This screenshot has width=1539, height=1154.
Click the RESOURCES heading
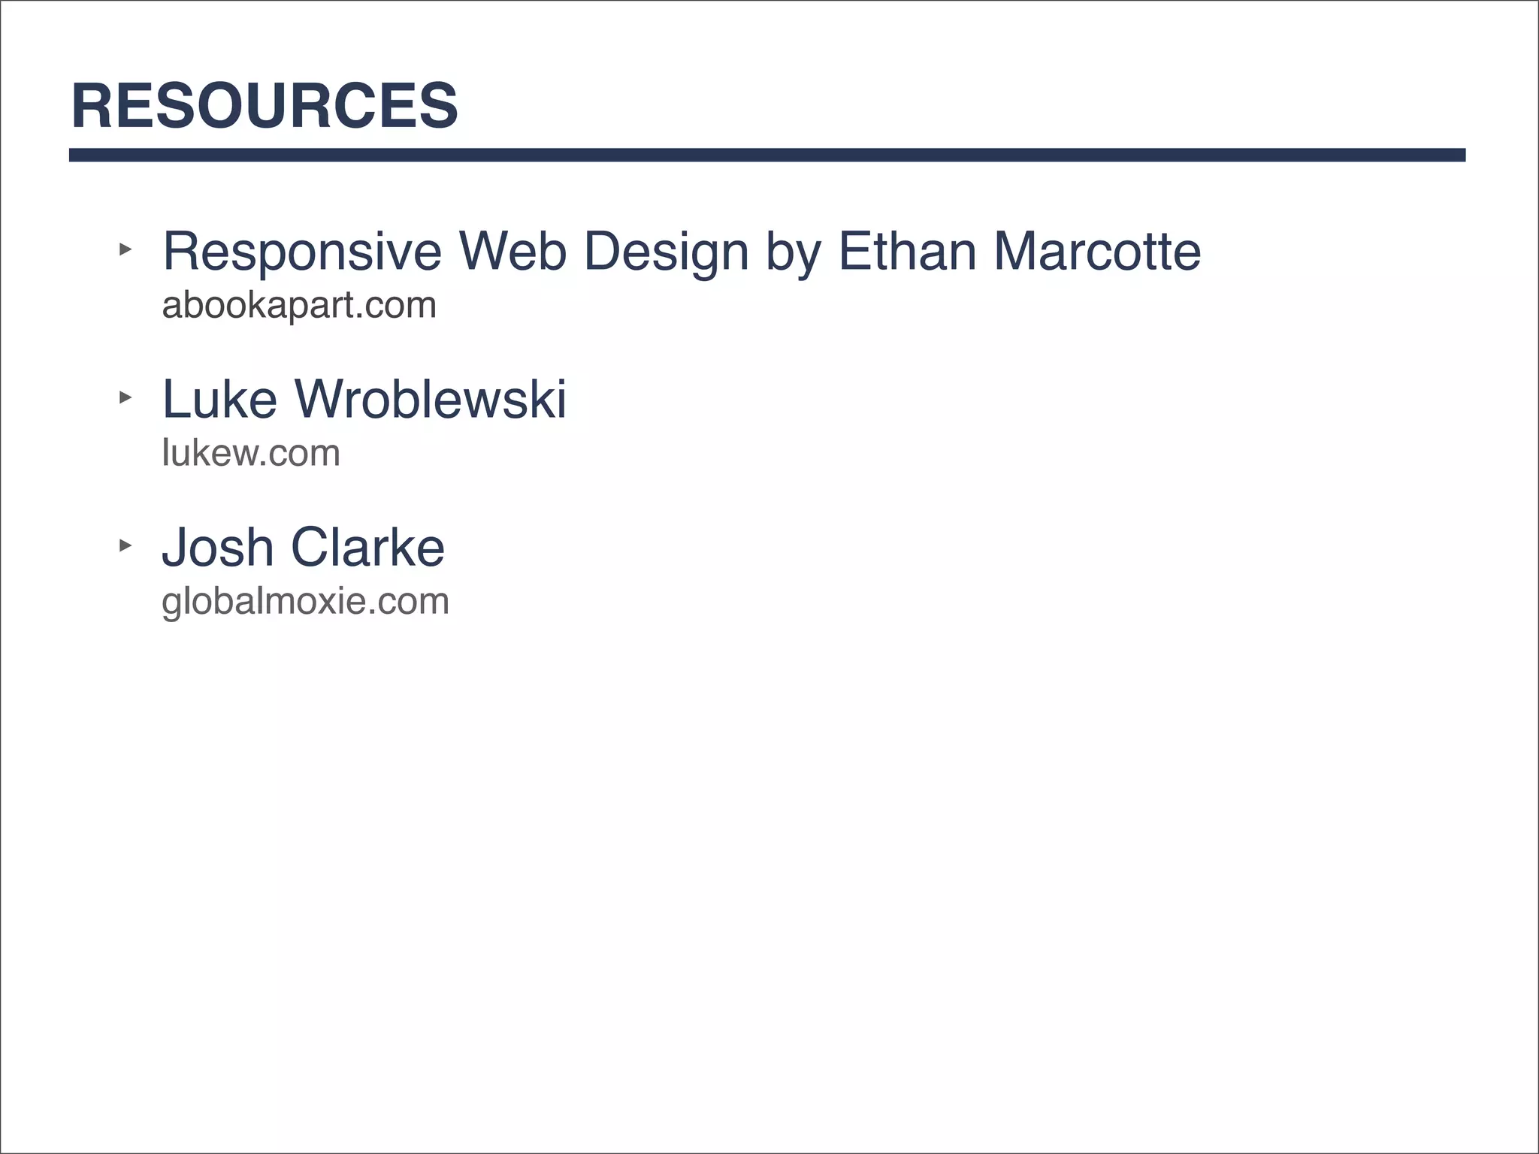tap(265, 106)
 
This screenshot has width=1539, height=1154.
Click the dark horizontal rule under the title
tap(766, 155)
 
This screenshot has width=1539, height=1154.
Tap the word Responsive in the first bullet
tap(302, 252)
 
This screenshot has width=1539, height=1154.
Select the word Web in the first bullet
tap(512, 252)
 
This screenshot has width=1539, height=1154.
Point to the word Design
tap(666, 252)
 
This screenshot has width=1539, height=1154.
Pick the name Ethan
tap(907, 252)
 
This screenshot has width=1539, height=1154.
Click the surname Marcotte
tap(1097, 252)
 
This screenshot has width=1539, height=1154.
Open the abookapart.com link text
tap(299, 305)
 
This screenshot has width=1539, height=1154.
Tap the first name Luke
tap(219, 399)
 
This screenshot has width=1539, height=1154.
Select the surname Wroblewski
tap(431, 399)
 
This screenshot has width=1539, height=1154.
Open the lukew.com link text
tap(251, 453)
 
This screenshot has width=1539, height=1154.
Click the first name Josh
tap(218, 547)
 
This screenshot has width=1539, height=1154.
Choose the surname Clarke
tap(367, 547)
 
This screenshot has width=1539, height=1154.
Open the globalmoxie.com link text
tap(305, 601)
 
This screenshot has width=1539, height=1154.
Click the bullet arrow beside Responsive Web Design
tap(125, 249)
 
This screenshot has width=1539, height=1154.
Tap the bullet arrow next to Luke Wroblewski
tap(125, 397)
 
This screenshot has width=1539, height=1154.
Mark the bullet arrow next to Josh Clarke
tap(125, 545)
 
